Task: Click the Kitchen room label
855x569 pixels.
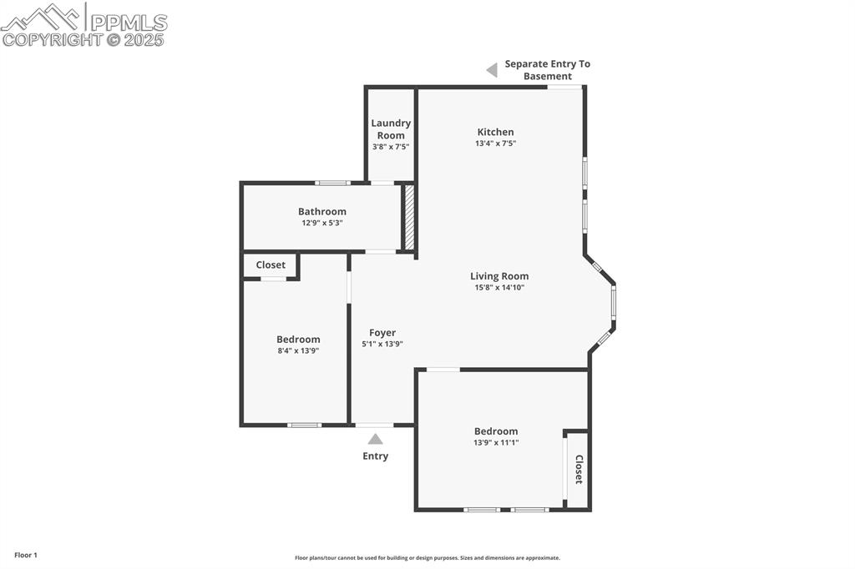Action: [495, 132]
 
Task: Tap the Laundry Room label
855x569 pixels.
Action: [391, 128]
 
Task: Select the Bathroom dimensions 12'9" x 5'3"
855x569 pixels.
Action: [322, 223]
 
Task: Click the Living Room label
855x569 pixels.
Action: [499, 276]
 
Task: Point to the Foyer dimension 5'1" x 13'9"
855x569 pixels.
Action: [382, 344]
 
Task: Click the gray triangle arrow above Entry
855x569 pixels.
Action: [376, 439]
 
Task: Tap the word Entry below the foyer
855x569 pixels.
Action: [375, 456]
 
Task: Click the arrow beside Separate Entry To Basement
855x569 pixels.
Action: [492, 70]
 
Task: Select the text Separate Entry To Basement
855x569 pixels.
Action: [547, 70]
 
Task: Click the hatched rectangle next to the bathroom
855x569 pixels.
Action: [409, 217]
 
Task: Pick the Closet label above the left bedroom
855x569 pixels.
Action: [271, 264]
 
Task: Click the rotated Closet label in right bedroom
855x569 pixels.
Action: [578, 470]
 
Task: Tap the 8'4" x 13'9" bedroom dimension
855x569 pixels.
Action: [298, 350]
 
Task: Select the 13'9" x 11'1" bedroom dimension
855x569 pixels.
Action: [496, 442]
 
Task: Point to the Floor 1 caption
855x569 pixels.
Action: [26, 555]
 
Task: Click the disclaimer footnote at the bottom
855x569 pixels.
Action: [427, 557]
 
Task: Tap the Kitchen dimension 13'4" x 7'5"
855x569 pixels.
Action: [495, 144]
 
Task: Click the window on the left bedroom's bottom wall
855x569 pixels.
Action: [304, 425]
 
